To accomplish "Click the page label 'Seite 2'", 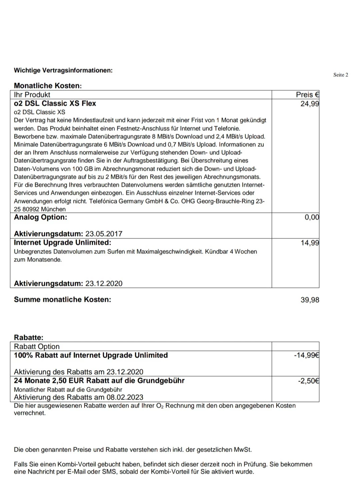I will coord(340,75).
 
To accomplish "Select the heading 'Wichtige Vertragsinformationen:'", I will coord(63,70).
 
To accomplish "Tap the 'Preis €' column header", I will coord(307,95).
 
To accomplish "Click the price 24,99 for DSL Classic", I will coord(309,103).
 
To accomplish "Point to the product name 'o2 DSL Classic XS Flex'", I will coord(55,103).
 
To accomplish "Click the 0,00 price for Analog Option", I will coord(312,217).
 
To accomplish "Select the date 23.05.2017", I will coord(104,234).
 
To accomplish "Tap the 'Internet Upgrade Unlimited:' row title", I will coord(62,242).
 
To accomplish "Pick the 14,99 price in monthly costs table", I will coord(309,243).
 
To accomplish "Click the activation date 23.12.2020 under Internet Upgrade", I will coord(104,284).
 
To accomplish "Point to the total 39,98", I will coord(310,300).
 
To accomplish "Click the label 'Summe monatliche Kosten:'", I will coord(62,300).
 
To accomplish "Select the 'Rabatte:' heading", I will coord(29,337).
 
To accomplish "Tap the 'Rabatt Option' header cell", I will coord(37,347).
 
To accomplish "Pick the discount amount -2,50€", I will coord(308,381).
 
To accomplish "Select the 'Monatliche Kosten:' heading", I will coord(48,86).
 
